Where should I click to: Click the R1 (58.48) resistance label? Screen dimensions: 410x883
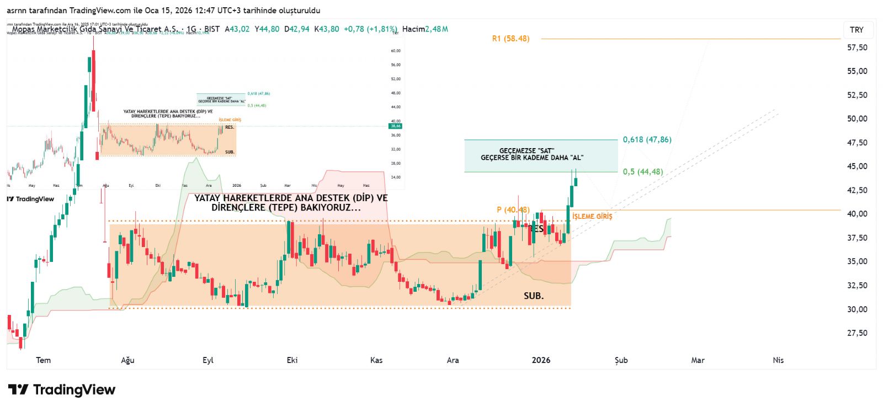click(510, 39)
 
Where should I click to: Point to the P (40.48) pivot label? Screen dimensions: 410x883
click(513, 210)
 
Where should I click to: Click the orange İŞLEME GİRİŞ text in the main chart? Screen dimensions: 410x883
click(592, 217)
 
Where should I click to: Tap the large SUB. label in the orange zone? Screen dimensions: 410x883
click(534, 296)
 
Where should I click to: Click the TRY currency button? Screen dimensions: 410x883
click(857, 30)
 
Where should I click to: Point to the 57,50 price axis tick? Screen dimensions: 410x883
click(857, 48)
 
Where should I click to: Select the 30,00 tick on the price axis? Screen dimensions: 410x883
click(857, 309)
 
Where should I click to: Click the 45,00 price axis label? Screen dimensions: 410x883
click(857, 166)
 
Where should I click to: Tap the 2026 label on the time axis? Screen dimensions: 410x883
click(541, 360)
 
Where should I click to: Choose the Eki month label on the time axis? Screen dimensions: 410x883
click(292, 360)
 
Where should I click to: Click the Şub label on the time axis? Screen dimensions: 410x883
click(621, 360)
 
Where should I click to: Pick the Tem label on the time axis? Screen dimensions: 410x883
click(43, 360)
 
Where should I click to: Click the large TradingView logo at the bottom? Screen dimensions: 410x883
click(62, 390)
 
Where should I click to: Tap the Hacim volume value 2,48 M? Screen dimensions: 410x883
click(437, 29)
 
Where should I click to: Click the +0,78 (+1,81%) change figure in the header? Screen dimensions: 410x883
click(370, 29)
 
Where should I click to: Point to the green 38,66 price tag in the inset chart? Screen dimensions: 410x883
click(396, 126)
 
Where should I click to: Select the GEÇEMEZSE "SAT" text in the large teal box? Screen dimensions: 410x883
click(526, 151)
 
